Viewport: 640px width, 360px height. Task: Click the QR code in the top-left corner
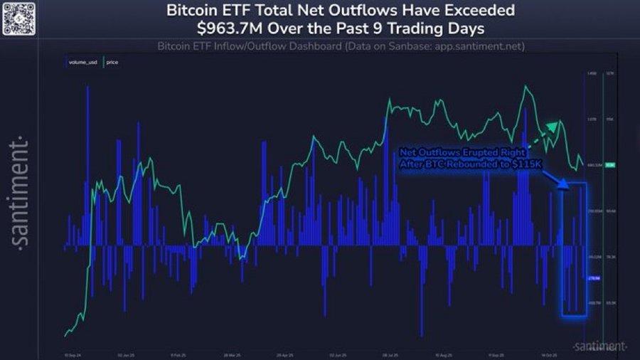pyautogui.click(x=19, y=19)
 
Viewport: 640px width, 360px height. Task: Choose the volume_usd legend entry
pyautogui.click(x=85, y=63)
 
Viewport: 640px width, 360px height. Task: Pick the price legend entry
pyautogui.click(x=112, y=63)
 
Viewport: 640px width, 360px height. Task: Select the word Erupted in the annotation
pyautogui.click(x=484, y=152)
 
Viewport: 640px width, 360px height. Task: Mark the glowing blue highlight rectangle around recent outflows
pyautogui.click(x=574, y=249)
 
